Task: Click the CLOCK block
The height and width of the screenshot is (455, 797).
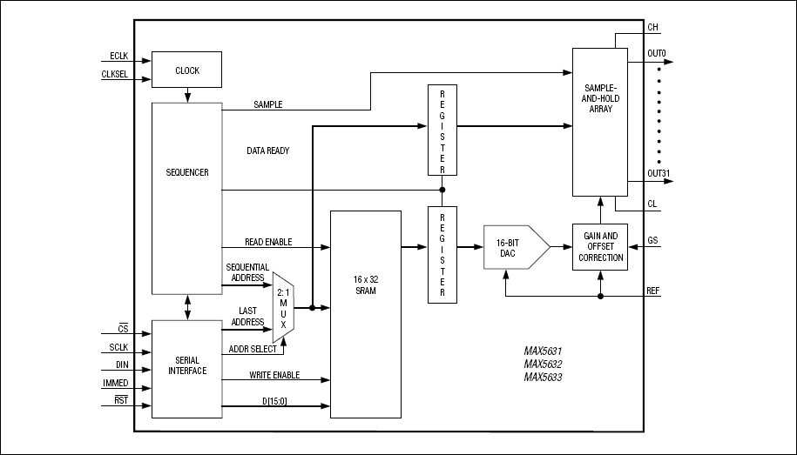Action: pyautogui.click(x=186, y=70)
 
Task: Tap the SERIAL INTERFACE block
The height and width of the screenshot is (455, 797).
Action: pyautogui.click(x=186, y=365)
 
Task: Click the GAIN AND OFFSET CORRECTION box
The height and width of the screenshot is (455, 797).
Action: pyautogui.click(x=599, y=247)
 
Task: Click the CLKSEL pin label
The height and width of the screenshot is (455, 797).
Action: pyautogui.click(x=114, y=74)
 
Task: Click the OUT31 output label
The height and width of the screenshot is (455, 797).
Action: pyautogui.click(x=659, y=173)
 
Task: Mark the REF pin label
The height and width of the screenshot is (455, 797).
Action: pyautogui.click(x=653, y=290)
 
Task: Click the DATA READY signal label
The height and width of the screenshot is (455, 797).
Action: pyautogui.click(x=268, y=151)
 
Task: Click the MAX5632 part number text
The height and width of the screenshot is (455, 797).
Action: pyautogui.click(x=543, y=365)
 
